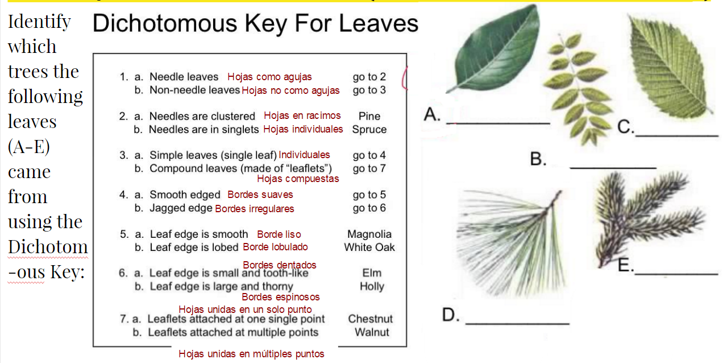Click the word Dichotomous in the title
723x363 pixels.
pyautogui.click(x=165, y=23)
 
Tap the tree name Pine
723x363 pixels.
pyautogui.click(x=369, y=116)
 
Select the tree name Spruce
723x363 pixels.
pyautogui.click(x=369, y=130)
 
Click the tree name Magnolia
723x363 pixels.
pyautogui.click(x=369, y=234)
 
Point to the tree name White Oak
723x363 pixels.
pyautogui.click(x=369, y=247)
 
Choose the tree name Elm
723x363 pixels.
pyautogui.click(x=372, y=273)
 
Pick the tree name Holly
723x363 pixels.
pyautogui.click(x=372, y=286)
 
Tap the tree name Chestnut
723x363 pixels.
pyautogui.click(x=370, y=319)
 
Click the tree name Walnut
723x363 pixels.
pyautogui.click(x=372, y=332)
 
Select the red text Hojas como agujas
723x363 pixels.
pyautogui.click(x=269, y=77)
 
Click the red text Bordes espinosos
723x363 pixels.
pyautogui.click(x=280, y=297)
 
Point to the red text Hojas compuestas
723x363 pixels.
pyautogui.click(x=298, y=179)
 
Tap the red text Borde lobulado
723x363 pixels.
pyautogui.click(x=275, y=247)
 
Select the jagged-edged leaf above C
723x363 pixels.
pyautogui.click(x=670, y=66)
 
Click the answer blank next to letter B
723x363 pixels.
pyautogui.click(x=613, y=168)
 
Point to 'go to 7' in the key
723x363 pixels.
pyautogui.click(x=369, y=168)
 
